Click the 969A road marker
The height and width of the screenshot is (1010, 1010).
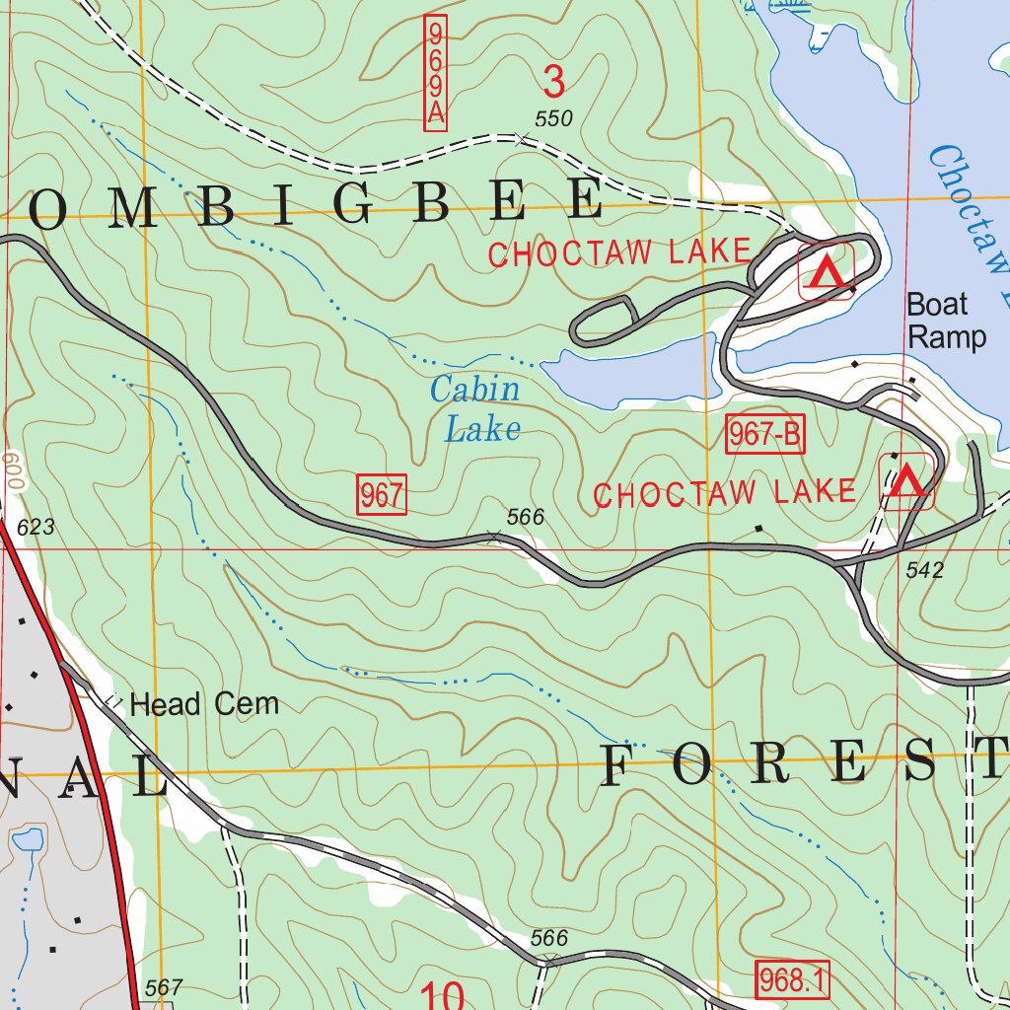tap(435, 72)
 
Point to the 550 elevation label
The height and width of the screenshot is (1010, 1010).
tap(553, 119)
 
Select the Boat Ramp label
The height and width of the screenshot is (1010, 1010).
tap(945, 321)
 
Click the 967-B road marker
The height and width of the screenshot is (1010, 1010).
tap(765, 435)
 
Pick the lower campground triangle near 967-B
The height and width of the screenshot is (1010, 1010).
tap(907, 481)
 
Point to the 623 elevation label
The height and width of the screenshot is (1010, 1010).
tap(36, 529)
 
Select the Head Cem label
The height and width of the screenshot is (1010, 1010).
tap(204, 704)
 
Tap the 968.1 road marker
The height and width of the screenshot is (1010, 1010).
tap(793, 979)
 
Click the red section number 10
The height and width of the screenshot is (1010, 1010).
tap(442, 994)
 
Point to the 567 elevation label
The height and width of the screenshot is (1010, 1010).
tap(163, 987)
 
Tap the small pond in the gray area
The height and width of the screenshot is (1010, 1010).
tap(28, 841)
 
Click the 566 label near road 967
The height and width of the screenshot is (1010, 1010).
tap(525, 517)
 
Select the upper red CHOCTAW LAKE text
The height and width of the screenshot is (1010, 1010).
tap(619, 252)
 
